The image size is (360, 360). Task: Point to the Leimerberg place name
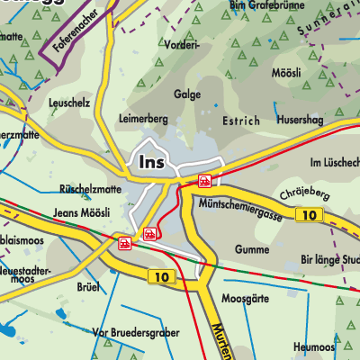(144, 119)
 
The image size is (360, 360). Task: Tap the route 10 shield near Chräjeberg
(310, 215)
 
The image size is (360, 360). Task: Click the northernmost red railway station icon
(205, 181)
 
